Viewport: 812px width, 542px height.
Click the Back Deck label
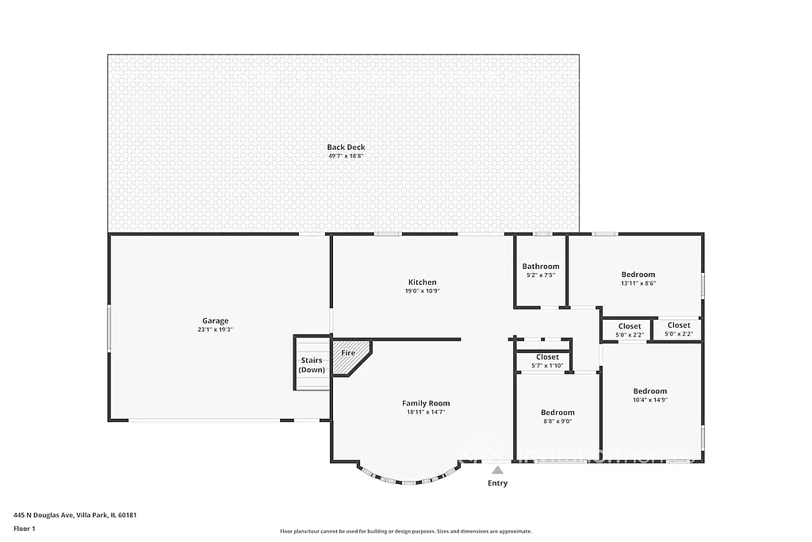346,147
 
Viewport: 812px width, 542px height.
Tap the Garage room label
215,321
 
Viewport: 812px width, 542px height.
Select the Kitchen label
422,282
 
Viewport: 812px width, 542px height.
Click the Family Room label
425,403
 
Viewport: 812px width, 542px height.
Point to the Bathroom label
540,266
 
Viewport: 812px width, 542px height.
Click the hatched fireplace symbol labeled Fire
350,356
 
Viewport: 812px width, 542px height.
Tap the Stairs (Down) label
311,365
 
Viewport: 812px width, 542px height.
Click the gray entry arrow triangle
497,470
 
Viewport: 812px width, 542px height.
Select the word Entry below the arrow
497,483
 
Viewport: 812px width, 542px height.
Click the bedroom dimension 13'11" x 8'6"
638,283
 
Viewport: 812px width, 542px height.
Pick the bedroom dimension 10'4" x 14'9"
649,400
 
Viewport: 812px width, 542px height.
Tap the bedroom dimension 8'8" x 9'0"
557,421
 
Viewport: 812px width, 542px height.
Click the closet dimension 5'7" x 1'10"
547,365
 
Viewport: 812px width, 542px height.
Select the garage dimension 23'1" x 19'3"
215,329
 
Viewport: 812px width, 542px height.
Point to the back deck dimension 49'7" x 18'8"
346,156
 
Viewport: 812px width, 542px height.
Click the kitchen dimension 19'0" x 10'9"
422,291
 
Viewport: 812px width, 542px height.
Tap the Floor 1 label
25,528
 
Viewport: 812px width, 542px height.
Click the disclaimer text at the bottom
405,532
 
